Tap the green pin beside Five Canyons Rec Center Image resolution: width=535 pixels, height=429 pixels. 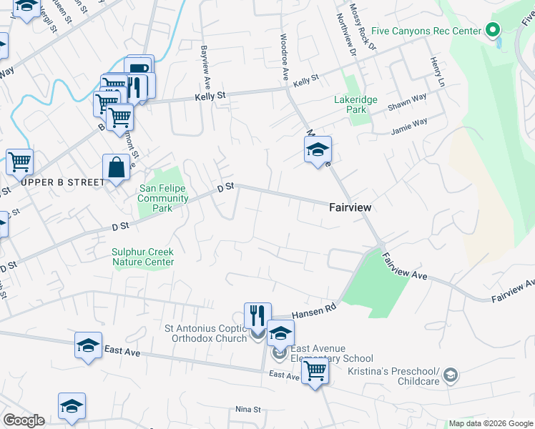492,30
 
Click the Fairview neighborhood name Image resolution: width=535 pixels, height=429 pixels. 349,207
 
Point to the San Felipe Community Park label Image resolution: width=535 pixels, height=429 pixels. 163,199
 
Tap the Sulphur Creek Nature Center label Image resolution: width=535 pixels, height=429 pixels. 143,257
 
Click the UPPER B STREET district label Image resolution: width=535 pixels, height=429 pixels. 63,182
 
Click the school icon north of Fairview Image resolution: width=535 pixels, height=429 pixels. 318,150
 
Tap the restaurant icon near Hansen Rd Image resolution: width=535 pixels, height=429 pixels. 257,314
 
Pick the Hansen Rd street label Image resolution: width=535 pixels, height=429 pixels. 314,310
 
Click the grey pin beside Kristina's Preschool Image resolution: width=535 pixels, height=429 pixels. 450,374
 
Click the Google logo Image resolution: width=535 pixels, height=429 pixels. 24,420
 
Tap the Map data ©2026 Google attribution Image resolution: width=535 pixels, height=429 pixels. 490,423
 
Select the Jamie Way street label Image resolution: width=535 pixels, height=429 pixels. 409,127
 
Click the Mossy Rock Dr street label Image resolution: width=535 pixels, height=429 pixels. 367,31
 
